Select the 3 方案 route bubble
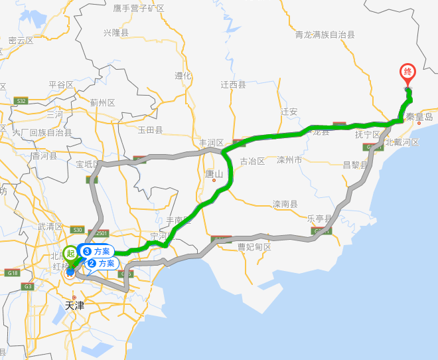pos(97,251)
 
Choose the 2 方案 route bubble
pos(102,263)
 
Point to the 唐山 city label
pos(214,173)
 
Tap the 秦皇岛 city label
pos(419,117)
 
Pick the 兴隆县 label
pos(116,32)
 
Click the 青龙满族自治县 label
pos(325,34)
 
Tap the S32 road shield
pos(22,101)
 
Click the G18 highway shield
pos(13,273)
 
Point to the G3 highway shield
pos(28,286)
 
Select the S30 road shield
pos(78,230)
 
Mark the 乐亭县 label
pos(321,217)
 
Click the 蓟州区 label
pos(103,102)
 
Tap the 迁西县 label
pos(233,85)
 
